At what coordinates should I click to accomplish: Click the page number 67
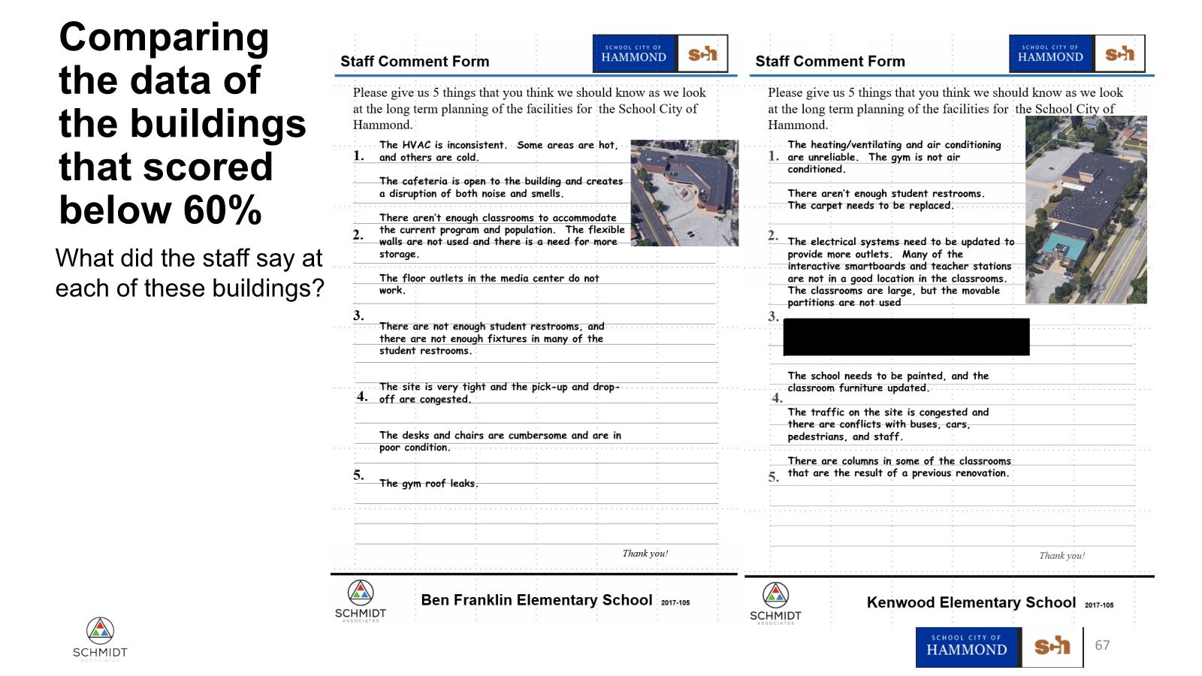(1102, 645)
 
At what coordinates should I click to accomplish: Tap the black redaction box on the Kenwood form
(906, 336)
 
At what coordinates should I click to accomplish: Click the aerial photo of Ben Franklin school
(684, 193)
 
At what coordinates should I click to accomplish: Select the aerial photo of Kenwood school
(1086, 210)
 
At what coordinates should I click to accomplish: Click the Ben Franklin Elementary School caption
(536, 600)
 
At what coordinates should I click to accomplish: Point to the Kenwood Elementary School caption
(971, 602)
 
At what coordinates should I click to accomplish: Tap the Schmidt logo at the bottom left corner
(100, 638)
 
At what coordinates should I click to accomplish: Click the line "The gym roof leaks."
(428, 484)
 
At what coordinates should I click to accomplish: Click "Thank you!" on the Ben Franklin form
(645, 554)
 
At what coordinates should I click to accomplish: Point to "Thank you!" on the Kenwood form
(1062, 556)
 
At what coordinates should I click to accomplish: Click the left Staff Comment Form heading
(415, 62)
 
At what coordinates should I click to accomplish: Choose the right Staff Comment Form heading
(830, 62)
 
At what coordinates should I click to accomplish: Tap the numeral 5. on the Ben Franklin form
(359, 475)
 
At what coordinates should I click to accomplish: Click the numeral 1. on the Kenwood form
(774, 156)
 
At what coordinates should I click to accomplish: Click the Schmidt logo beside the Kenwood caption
(775, 602)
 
